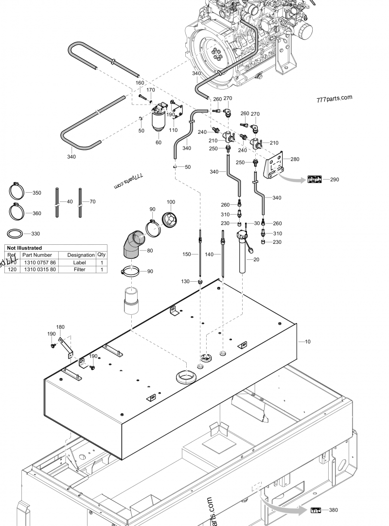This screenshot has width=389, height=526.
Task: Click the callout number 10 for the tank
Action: coord(307,342)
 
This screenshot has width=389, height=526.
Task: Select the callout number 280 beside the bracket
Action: coord(295,159)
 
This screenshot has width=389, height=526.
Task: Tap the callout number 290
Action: coord(334,180)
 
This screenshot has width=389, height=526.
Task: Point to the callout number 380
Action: coord(333,510)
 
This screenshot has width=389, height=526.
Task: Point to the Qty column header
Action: coord(102,254)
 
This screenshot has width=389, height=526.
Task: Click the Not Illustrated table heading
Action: coord(24,248)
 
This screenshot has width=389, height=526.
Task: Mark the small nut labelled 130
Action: coord(199,281)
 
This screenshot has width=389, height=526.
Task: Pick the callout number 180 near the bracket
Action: coord(60,327)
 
